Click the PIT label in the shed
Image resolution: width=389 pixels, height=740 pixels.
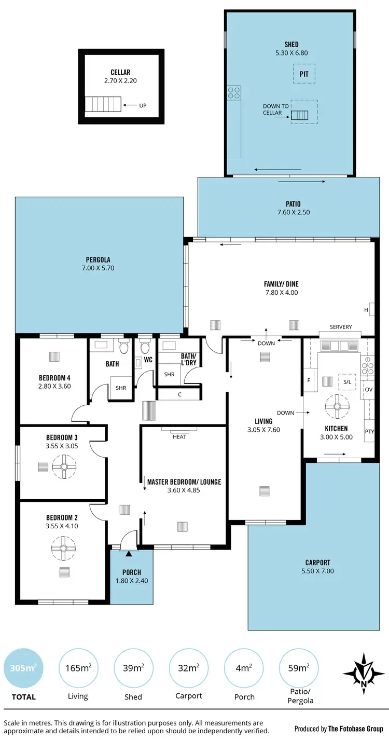tap(304, 74)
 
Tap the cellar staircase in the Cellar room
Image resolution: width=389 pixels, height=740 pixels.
tap(103, 105)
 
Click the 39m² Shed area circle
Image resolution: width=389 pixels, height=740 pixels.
tap(133, 667)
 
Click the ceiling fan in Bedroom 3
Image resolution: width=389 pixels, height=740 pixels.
tap(64, 466)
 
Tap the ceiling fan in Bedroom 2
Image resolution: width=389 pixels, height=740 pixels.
tap(63, 548)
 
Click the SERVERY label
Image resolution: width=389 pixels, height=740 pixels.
tap(341, 327)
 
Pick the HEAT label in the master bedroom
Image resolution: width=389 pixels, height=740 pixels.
tap(179, 436)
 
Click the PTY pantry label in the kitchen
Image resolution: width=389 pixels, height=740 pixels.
tap(369, 431)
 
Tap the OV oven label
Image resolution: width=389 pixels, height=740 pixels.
tap(369, 389)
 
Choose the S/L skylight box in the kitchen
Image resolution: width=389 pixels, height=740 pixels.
tap(348, 382)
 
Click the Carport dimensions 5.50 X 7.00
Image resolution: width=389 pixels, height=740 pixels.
tap(318, 571)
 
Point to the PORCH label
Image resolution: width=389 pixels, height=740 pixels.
tap(131, 572)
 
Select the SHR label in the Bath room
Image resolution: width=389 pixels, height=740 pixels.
tap(120, 388)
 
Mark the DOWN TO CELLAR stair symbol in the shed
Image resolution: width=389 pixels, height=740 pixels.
tap(299, 115)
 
